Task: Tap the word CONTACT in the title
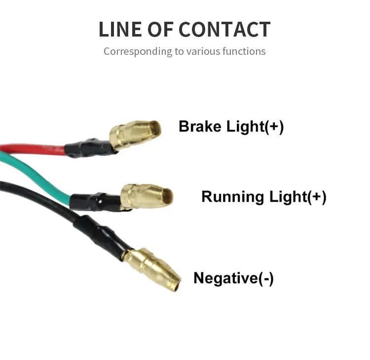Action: [224, 29]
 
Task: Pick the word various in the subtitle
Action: [201, 51]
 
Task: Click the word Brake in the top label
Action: [200, 126]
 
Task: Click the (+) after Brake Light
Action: [274, 126]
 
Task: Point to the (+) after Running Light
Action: [317, 197]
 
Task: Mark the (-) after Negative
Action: [266, 278]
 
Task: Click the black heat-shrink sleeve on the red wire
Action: [89, 147]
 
